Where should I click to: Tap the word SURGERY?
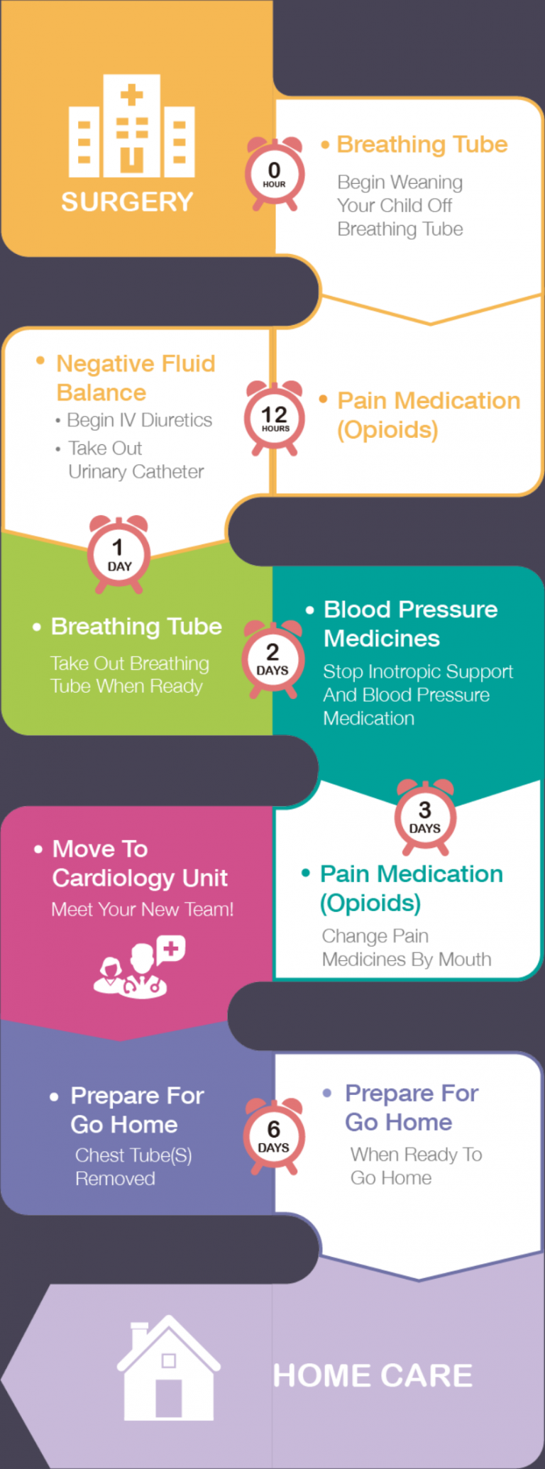(127, 202)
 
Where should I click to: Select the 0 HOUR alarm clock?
(275, 175)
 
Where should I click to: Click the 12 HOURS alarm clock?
(275, 419)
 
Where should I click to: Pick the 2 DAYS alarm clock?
(273, 660)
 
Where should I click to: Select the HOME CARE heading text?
(373, 1375)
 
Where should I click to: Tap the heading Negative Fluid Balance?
(136, 378)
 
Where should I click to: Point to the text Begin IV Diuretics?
(139, 420)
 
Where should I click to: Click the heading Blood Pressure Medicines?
(410, 624)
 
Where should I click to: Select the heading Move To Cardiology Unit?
(140, 863)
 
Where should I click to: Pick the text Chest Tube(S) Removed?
(133, 1167)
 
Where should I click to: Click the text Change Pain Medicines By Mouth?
(406, 947)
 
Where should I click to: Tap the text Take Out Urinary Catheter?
(136, 460)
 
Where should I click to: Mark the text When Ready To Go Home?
(416, 1166)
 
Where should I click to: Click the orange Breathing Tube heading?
(422, 144)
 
